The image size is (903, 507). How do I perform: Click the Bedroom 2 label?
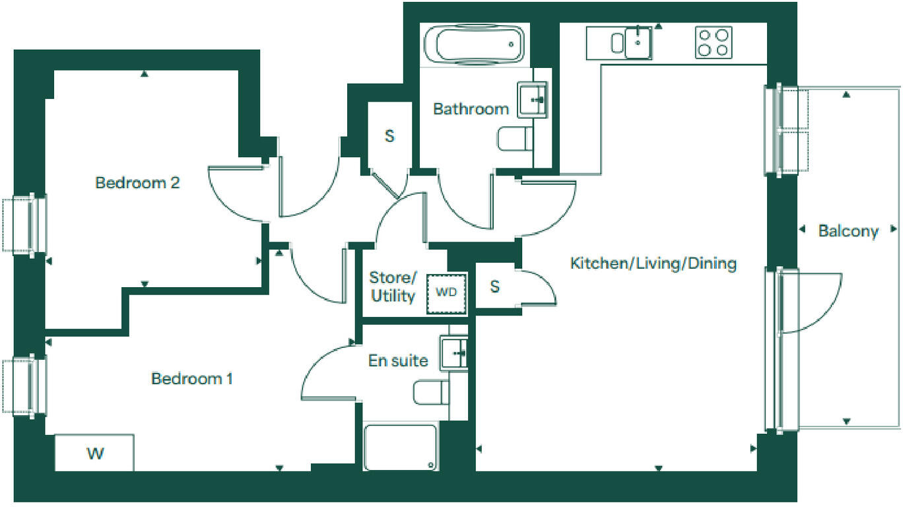pyautogui.click(x=137, y=182)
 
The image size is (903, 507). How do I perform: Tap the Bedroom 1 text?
pyautogui.click(x=191, y=379)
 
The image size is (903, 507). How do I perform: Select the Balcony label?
pyautogui.click(x=848, y=231)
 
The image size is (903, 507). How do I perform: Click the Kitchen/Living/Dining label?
pyautogui.click(x=653, y=264)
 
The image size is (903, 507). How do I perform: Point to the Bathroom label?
pyautogui.click(x=471, y=109)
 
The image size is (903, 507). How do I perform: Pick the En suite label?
pyautogui.click(x=397, y=360)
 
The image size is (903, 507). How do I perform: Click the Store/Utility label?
pyautogui.click(x=393, y=287)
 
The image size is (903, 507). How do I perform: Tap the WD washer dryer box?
pyautogui.click(x=447, y=292)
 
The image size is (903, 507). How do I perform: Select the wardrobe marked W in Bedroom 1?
pyautogui.click(x=94, y=453)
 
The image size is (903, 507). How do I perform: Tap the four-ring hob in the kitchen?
pyautogui.click(x=713, y=42)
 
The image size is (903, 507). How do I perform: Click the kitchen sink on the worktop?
pyautogui.click(x=638, y=43)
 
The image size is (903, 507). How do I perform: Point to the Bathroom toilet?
pyautogui.click(x=514, y=139)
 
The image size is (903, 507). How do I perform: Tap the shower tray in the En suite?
pyautogui.click(x=401, y=447)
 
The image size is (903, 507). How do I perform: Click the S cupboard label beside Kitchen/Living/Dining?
pyautogui.click(x=495, y=287)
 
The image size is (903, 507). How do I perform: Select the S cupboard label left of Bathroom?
pyautogui.click(x=389, y=137)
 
